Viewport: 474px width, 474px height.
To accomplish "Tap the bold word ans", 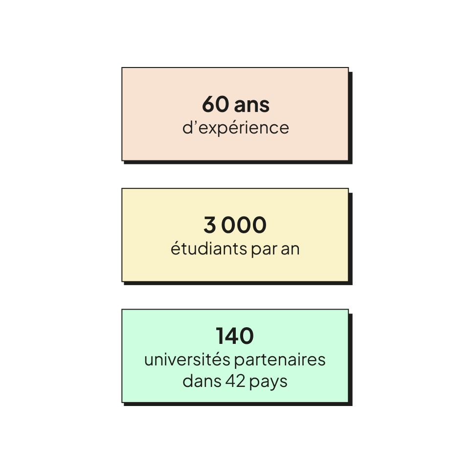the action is [x=252, y=105].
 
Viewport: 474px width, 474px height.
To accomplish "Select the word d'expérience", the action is [x=235, y=128].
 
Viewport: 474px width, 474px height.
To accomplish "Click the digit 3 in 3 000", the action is [x=209, y=226].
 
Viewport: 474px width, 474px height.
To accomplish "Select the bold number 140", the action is [x=235, y=336].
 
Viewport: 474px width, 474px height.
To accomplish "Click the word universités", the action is [x=187, y=360].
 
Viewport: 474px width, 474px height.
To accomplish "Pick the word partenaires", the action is [x=280, y=360].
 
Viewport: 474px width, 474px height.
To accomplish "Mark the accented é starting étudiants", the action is [x=175, y=248].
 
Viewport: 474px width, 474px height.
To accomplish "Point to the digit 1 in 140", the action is [x=221, y=336].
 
